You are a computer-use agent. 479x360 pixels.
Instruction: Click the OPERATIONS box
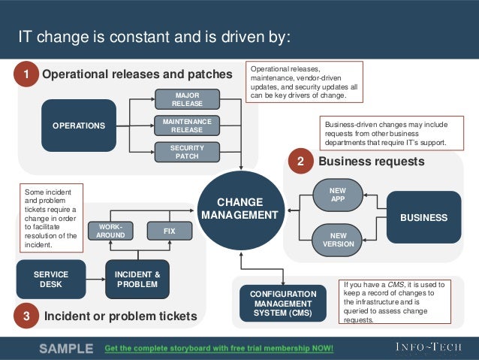(79, 126)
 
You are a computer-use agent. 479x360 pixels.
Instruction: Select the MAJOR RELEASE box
(187, 99)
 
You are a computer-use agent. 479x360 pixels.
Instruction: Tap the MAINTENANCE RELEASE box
(187, 125)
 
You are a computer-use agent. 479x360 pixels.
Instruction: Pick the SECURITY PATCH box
(187, 152)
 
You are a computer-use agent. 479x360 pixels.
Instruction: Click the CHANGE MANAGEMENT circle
(240, 209)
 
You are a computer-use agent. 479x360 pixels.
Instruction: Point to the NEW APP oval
(338, 195)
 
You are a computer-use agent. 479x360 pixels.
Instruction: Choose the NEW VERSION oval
(338, 240)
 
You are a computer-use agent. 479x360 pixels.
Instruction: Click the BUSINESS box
(423, 217)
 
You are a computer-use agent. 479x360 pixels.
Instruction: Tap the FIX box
(170, 231)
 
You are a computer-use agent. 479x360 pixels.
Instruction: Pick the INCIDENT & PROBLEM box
(137, 280)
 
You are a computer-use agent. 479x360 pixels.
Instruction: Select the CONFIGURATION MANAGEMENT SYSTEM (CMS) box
(283, 303)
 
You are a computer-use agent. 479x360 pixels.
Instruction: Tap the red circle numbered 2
(300, 162)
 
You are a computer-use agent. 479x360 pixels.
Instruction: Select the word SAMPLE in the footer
(66, 349)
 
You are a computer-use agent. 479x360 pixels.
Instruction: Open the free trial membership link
(218, 349)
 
